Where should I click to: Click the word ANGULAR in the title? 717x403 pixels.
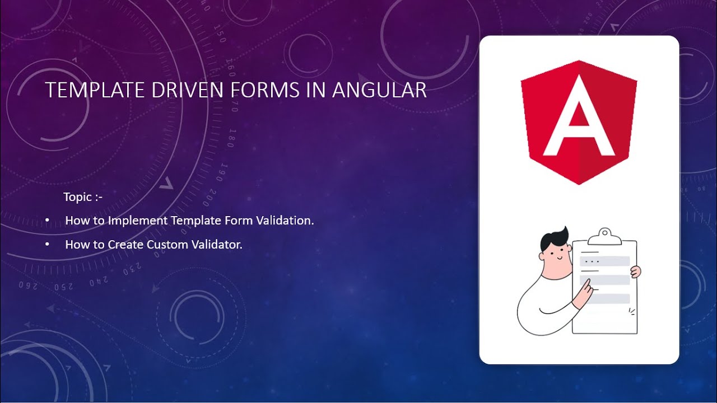click(x=379, y=90)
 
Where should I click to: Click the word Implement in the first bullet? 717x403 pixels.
click(x=138, y=221)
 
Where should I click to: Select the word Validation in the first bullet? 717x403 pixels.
click(x=285, y=221)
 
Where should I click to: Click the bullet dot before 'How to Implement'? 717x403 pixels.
click(x=47, y=221)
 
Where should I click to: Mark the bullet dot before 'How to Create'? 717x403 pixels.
click(x=47, y=245)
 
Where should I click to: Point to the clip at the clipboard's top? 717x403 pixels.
click(x=605, y=236)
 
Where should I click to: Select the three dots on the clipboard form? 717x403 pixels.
click(x=592, y=261)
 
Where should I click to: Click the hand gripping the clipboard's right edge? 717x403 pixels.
click(x=635, y=272)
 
